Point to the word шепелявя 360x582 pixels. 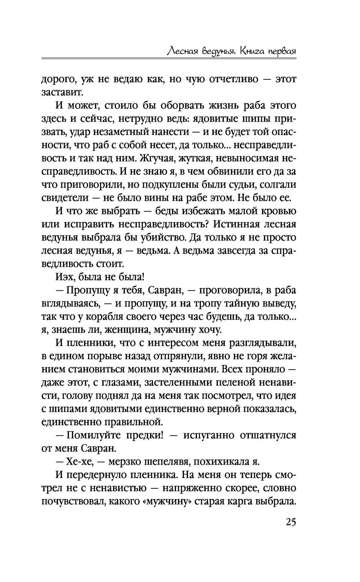(168, 462)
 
